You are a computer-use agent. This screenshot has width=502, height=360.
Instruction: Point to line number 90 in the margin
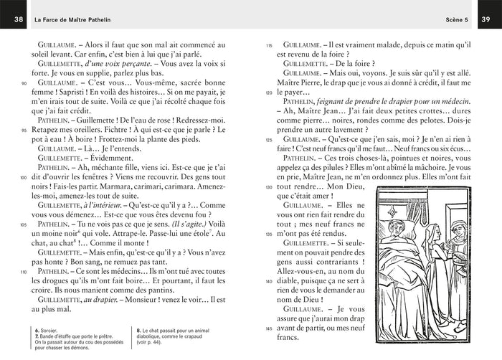pos(24,83)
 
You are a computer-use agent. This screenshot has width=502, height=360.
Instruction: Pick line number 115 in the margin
pos(269,44)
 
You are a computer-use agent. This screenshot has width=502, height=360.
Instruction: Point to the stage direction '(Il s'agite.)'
pos(192,224)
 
